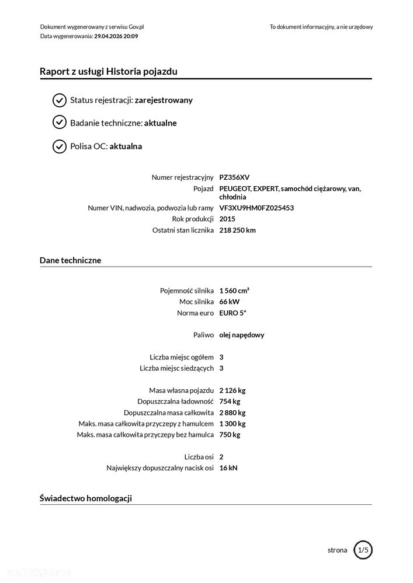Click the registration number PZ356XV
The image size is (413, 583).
tap(235, 177)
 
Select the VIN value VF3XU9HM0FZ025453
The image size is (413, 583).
tap(256, 208)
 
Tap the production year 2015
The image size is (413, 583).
tap(227, 219)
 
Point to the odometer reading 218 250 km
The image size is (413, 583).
tap(237, 230)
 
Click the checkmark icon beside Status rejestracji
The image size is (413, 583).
tap(60, 100)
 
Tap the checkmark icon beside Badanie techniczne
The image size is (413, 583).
tap(60, 123)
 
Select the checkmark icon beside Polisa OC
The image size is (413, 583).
tap(60, 146)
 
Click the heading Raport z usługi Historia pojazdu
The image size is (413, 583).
tap(109, 72)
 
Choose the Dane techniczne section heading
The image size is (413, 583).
tap(70, 260)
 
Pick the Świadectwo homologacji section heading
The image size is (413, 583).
tap(86, 498)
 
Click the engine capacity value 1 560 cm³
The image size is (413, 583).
tap(234, 291)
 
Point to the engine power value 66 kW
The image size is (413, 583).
tap(229, 302)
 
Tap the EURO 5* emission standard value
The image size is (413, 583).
tap(232, 313)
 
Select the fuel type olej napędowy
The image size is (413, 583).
tap(242, 335)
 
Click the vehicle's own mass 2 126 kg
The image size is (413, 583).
tap(232, 390)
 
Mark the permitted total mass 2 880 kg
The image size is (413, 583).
tap(232, 413)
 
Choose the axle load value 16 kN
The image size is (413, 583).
tap(228, 467)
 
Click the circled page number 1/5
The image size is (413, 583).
tap(363, 550)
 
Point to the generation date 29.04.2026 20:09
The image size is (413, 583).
tap(116, 36)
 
